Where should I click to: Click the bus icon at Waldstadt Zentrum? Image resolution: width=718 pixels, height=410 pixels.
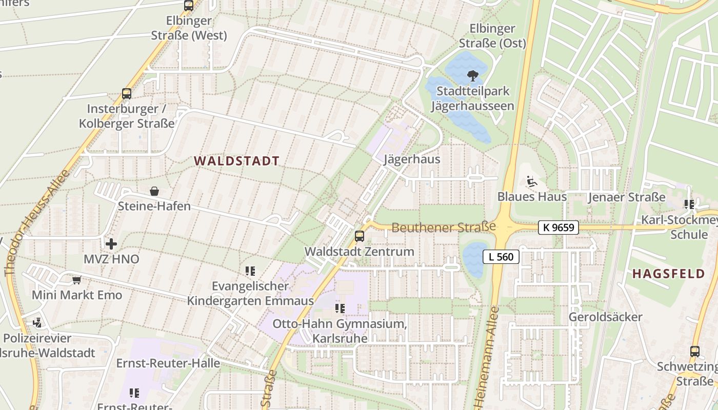tap(360, 236)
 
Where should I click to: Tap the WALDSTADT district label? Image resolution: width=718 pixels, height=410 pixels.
tap(237, 161)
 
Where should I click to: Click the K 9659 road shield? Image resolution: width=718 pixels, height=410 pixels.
tap(559, 228)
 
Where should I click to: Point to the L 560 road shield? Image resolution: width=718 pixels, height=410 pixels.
tap(501, 257)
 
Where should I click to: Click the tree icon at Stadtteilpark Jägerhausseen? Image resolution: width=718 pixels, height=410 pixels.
tap(472, 76)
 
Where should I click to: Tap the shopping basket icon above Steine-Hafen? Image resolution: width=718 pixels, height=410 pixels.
tap(154, 192)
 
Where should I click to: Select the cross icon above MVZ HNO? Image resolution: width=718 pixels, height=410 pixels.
tap(111, 244)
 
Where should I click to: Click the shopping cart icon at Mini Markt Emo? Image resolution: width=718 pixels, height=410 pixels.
tap(77, 280)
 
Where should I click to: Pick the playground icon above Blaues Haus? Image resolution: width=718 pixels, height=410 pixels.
tap(531, 181)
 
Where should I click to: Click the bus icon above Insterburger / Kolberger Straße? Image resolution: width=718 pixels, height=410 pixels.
tap(127, 94)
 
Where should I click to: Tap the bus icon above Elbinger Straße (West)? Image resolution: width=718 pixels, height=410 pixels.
tap(189, 6)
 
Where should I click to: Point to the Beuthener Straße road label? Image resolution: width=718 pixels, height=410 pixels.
tap(444, 227)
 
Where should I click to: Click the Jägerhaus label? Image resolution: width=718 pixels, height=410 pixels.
tap(412, 159)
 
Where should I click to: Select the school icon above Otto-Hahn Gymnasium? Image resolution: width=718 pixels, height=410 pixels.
tap(340, 308)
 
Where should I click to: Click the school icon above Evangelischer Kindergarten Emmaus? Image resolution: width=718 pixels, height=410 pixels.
tap(250, 271)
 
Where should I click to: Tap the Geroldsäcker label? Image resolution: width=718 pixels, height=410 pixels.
tap(605, 317)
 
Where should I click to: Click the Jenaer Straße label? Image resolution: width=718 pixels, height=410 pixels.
tap(627, 197)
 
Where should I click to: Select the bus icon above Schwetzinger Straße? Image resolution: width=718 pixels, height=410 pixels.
tap(695, 352)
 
